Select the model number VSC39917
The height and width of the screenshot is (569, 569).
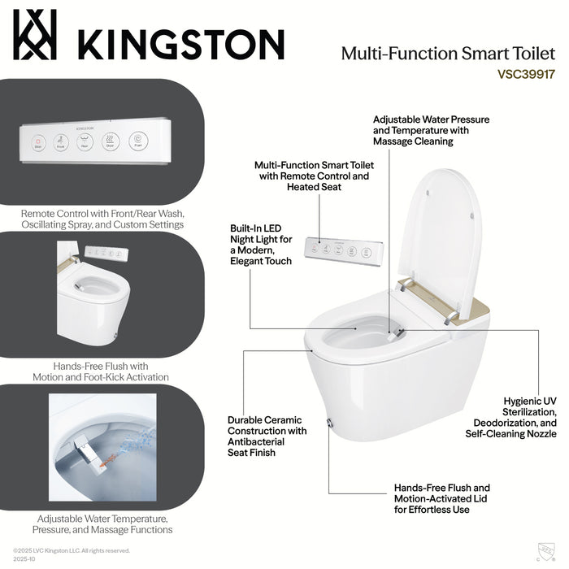pyautogui.click(x=526, y=72)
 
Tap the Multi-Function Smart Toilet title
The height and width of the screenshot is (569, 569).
pyautogui.click(x=448, y=53)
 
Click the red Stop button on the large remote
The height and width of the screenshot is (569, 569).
pyautogui.click(x=37, y=143)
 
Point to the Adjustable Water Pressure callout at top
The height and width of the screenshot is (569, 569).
pyautogui.click(x=431, y=130)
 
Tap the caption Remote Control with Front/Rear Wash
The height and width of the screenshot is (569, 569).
pyautogui.click(x=102, y=218)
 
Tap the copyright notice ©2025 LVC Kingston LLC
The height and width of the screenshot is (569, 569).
pyautogui.click(x=72, y=550)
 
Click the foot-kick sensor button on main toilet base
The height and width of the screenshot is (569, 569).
pyautogui.click(x=329, y=423)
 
